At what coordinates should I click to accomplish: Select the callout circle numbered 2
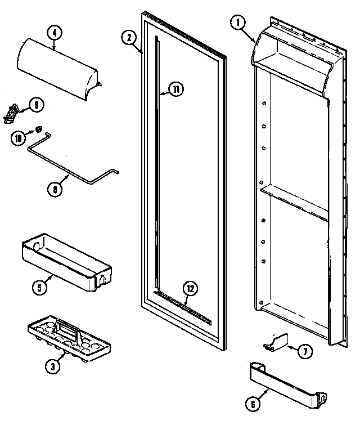(129, 38)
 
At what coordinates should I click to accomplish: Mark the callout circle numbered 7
(304, 352)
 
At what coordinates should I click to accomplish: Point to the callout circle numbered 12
(191, 289)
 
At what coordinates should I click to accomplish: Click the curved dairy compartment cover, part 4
(59, 70)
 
